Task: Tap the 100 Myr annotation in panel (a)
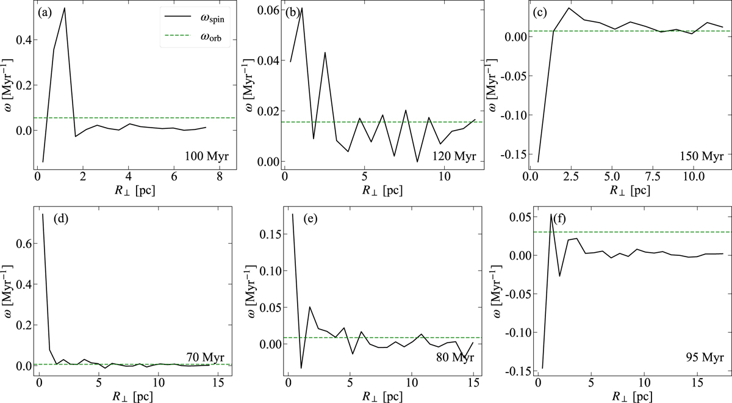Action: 207,157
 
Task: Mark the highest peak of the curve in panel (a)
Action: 65,8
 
